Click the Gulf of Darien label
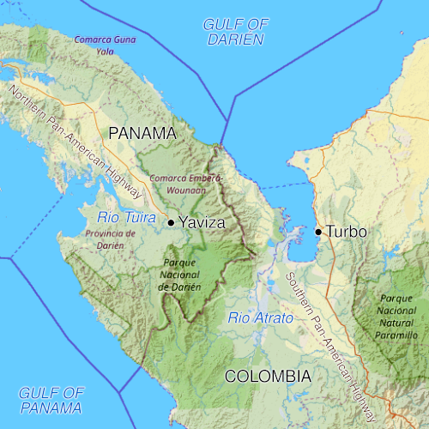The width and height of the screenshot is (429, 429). point(234,31)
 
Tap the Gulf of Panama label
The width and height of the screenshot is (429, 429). point(51,399)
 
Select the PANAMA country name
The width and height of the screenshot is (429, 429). point(142,133)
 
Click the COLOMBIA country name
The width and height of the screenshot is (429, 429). point(268,376)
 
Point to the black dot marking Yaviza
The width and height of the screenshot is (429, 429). point(171,222)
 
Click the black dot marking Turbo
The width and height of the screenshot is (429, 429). point(318,232)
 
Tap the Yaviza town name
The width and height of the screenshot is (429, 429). point(202,222)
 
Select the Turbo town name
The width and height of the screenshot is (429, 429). point(347,232)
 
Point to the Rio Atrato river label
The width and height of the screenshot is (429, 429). point(260,317)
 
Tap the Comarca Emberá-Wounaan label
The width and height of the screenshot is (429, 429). point(185,184)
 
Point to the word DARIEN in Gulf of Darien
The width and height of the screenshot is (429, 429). point(234,39)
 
